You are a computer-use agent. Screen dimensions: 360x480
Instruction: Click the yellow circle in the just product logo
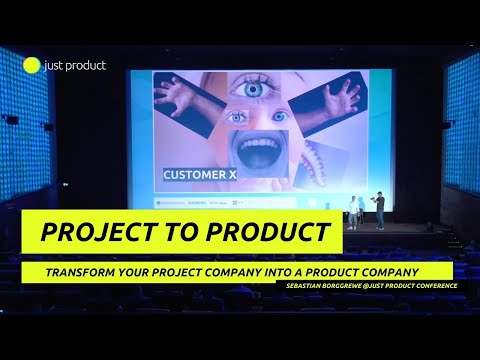point(32,67)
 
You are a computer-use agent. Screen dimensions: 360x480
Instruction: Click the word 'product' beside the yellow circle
point(88,67)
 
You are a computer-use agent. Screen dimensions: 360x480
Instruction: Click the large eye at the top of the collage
point(248,89)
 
